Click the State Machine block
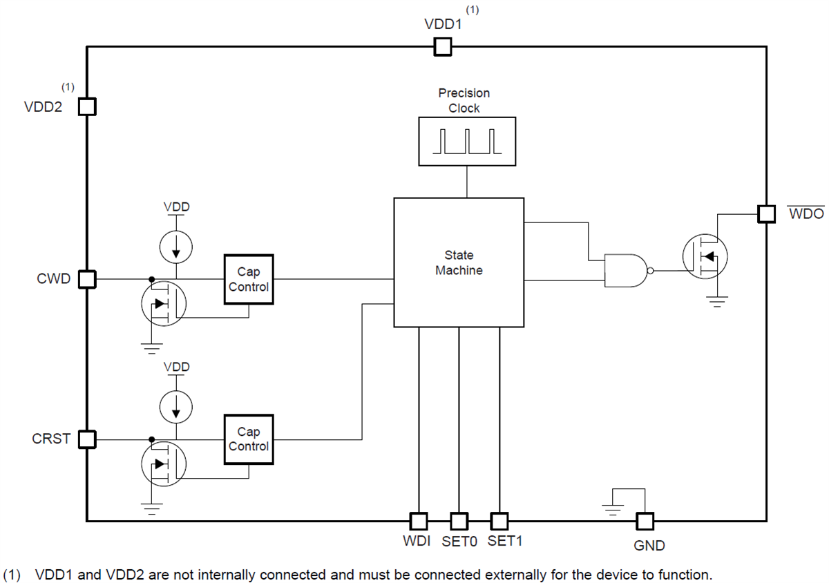pyautogui.click(x=459, y=262)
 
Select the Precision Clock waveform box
pyautogui.click(x=467, y=141)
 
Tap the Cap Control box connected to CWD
pyautogui.click(x=249, y=279)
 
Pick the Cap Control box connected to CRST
pyautogui.click(x=249, y=439)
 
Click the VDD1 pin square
pyautogui.click(x=442, y=46)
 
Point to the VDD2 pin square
pyautogui.click(x=87, y=106)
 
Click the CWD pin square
pyautogui.click(x=87, y=279)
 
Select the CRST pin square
pyautogui.click(x=87, y=439)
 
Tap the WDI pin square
pyautogui.click(x=419, y=520)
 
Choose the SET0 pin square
pyautogui.click(x=459, y=520)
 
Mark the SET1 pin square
pyautogui.click(x=499, y=520)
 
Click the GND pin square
pyautogui.click(x=645, y=521)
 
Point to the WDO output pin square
pyautogui.click(x=766, y=214)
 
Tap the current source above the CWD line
pyautogui.click(x=177, y=247)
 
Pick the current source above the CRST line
pyautogui.click(x=177, y=406)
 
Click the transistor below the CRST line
pyautogui.click(x=163, y=463)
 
